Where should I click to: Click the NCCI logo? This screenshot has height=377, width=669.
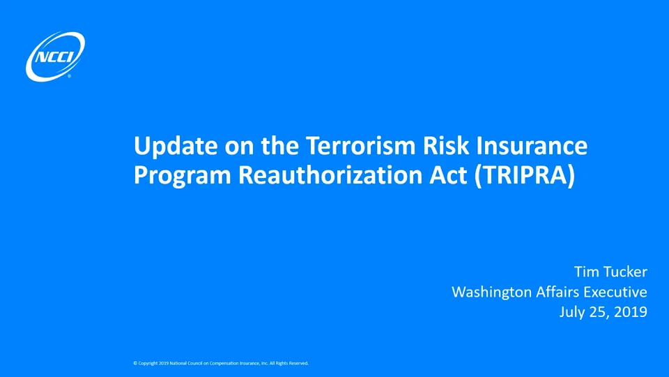55,56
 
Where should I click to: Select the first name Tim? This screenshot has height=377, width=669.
586,271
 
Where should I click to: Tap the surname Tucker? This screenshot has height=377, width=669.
625,271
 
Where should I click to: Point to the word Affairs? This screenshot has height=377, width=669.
557,291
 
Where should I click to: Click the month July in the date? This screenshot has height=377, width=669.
573,312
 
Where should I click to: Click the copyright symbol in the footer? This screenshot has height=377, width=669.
134,363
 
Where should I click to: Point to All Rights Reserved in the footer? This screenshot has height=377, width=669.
289,363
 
